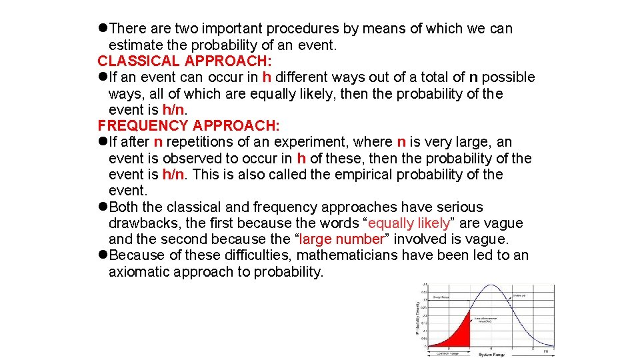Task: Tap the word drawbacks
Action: tap(141, 223)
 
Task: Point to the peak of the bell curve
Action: tap(491, 287)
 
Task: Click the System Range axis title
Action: tap(493, 354)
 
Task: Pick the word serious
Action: tap(459, 207)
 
